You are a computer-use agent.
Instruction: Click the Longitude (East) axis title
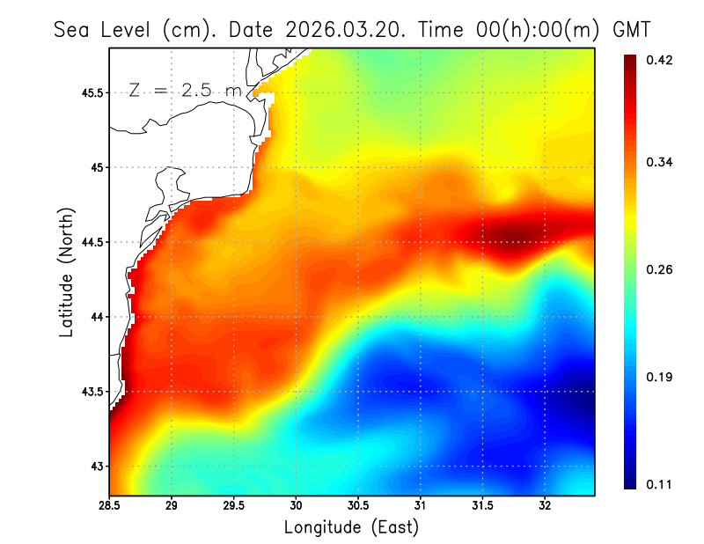(351, 527)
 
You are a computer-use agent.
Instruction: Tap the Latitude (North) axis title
(67, 272)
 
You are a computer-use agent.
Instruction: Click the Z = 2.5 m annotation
(185, 90)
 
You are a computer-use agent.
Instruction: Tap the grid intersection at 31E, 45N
(421, 167)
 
